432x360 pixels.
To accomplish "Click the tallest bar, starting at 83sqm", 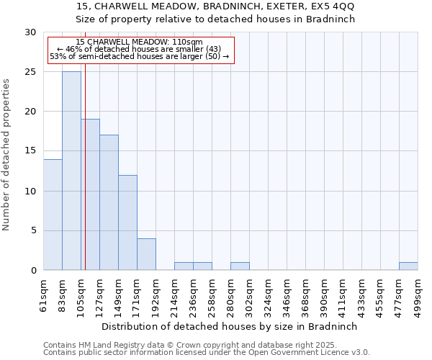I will (71, 171).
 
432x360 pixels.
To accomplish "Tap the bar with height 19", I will (90, 194).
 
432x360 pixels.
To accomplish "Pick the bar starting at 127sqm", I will (109, 202).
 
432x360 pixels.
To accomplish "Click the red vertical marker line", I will (85, 180).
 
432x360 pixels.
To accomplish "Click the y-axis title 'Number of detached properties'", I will (7, 155).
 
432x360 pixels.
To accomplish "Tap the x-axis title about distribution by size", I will (230, 326).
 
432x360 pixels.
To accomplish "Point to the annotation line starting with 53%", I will (139, 56).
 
